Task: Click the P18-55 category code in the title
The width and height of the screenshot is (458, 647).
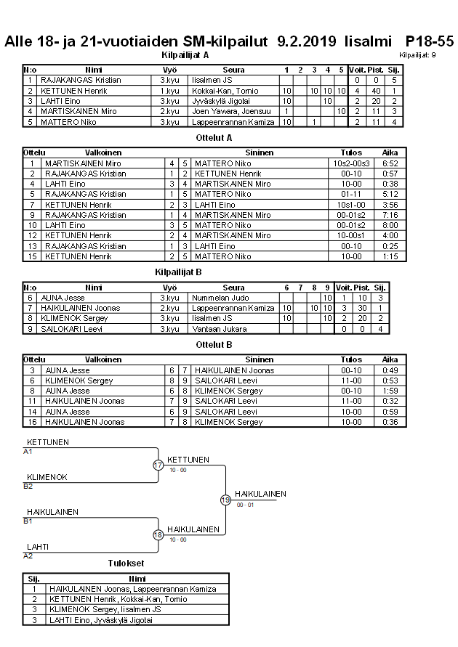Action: point(429,41)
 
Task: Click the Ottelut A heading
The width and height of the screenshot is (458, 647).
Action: point(214,137)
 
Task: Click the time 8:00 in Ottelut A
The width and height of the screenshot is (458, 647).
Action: point(390,226)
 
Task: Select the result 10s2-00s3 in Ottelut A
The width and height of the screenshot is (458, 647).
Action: point(351,163)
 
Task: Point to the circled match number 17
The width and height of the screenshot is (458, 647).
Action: point(158,465)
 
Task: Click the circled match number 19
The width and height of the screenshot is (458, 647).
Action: point(225,500)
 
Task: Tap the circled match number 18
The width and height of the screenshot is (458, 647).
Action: point(158,535)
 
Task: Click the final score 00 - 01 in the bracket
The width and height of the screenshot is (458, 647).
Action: point(246,505)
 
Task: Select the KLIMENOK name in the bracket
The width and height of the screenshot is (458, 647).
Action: point(47,477)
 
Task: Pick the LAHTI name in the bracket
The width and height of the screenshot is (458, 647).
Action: point(38,547)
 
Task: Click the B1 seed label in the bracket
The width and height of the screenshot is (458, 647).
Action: point(28,521)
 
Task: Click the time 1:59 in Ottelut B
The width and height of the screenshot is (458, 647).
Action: point(390,391)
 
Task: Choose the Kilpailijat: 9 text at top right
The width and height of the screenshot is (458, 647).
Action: point(417,54)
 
